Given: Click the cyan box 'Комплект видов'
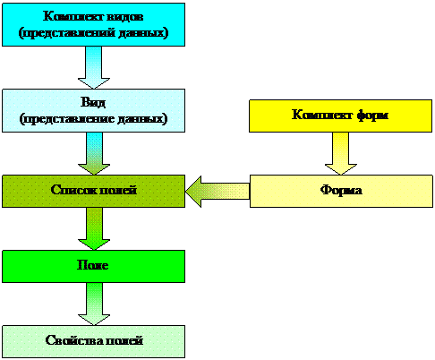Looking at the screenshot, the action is [93, 24].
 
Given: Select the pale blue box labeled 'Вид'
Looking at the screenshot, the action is [93, 110].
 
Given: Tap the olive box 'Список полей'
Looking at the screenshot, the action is [93, 191].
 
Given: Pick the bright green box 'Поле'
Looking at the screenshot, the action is [93, 266].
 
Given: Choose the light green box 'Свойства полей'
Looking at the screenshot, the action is [93, 341].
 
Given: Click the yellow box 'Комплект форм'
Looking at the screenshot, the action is [340, 116].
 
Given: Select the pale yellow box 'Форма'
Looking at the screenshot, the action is [341, 191].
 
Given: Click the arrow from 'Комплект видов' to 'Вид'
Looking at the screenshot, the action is [94, 67].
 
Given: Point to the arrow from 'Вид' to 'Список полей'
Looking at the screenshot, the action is [94, 153].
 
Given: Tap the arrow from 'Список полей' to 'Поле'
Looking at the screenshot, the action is [94, 228].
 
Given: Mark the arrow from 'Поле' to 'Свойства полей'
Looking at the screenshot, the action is [94, 304].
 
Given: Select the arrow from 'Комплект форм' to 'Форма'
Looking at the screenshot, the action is [340, 153].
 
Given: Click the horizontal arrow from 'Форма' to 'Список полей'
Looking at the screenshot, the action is [217, 192].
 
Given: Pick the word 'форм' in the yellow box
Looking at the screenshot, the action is [372, 116].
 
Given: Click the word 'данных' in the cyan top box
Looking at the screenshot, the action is [141, 33].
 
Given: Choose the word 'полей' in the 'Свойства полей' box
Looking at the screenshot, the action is [124, 340].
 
